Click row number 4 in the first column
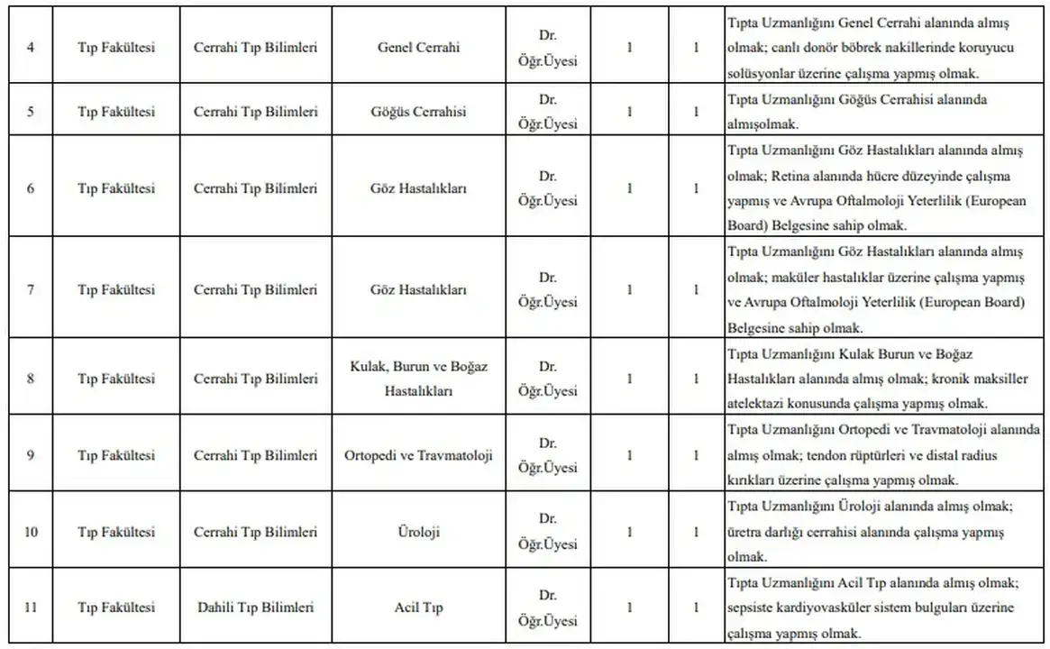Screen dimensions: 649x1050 [x=31, y=48]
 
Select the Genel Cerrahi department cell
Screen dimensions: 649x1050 [x=418, y=48]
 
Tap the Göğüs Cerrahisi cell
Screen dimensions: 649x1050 [x=418, y=112]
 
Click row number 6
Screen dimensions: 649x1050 [x=31, y=188]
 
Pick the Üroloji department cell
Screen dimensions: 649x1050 [x=418, y=532]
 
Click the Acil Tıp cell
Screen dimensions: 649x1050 [x=418, y=608]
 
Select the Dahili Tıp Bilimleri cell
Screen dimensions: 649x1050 [x=255, y=608]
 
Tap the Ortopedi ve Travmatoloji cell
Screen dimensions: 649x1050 [x=418, y=455]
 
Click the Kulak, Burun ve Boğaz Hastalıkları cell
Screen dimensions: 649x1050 [x=418, y=379]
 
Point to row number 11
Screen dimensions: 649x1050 [x=31, y=608]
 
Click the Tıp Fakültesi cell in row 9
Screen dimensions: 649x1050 [x=115, y=455]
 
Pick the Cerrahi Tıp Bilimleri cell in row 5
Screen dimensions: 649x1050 [x=255, y=112]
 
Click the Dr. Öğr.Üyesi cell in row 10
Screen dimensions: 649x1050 [x=547, y=532]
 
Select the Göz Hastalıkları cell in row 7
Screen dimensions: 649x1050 [x=418, y=290]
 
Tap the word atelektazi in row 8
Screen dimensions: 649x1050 [x=754, y=404]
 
